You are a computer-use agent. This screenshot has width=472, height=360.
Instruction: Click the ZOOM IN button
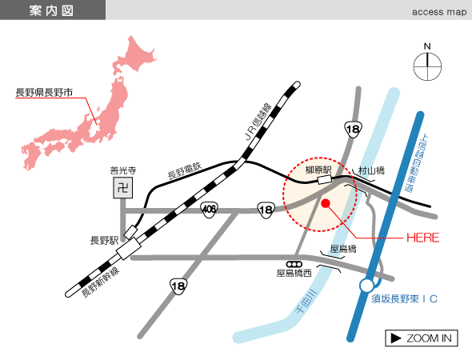[x=422, y=338]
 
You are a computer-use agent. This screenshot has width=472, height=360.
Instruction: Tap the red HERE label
[x=423, y=238]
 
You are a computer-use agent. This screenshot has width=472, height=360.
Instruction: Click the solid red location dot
[x=326, y=203]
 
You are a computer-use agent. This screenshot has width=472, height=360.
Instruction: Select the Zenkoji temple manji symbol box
[x=123, y=188]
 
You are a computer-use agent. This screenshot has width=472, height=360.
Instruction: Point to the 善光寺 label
[x=123, y=170]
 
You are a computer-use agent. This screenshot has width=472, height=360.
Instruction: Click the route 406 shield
[x=209, y=209]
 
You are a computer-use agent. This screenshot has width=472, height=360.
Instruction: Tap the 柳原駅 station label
[x=318, y=170]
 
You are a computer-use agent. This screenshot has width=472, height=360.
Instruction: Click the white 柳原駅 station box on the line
[x=325, y=180]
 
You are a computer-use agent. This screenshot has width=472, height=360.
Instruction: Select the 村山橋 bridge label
[x=371, y=170]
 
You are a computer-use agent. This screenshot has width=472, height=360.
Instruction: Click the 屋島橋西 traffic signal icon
[x=294, y=264]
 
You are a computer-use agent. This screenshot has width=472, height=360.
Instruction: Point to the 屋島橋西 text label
[x=294, y=273]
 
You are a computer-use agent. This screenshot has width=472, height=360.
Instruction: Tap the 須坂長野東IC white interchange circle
[x=366, y=286]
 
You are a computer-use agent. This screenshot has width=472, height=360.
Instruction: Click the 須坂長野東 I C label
[x=404, y=299]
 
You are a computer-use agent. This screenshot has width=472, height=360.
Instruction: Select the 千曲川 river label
[x=306, y=301]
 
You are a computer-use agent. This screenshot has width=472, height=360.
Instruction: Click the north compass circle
[x=427, y=66]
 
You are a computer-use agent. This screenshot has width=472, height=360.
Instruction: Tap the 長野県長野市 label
[x=44, y=93]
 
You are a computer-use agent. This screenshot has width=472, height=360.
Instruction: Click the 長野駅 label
[x=105, y=241]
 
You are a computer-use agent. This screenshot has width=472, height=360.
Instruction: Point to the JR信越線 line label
[x=258, y=122]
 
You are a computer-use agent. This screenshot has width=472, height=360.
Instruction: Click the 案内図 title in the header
[x=51, y=11]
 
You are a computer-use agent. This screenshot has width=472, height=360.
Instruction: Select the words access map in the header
[x=439, y=12]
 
